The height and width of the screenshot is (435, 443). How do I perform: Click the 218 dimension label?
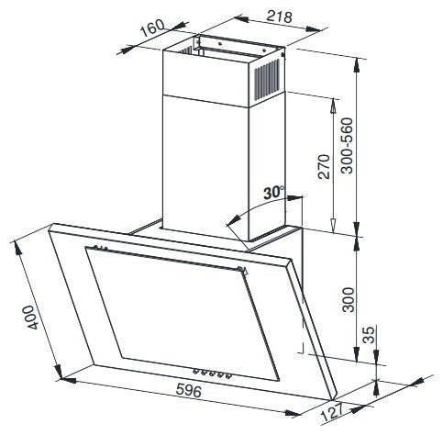click(280, 16)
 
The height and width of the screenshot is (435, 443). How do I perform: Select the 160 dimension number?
click(152, 28)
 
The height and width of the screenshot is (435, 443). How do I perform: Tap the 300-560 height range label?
click(347, 146)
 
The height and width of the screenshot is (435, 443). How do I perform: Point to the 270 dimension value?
click(325, 167)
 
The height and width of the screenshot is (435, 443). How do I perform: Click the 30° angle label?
click(274, 193)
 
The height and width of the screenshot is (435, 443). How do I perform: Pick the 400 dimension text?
click(33, 317)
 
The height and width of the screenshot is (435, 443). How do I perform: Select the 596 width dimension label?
click(189, 391)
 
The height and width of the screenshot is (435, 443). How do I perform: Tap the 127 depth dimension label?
click(333, 411)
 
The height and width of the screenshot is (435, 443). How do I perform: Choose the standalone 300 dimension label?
click(349, 300)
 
